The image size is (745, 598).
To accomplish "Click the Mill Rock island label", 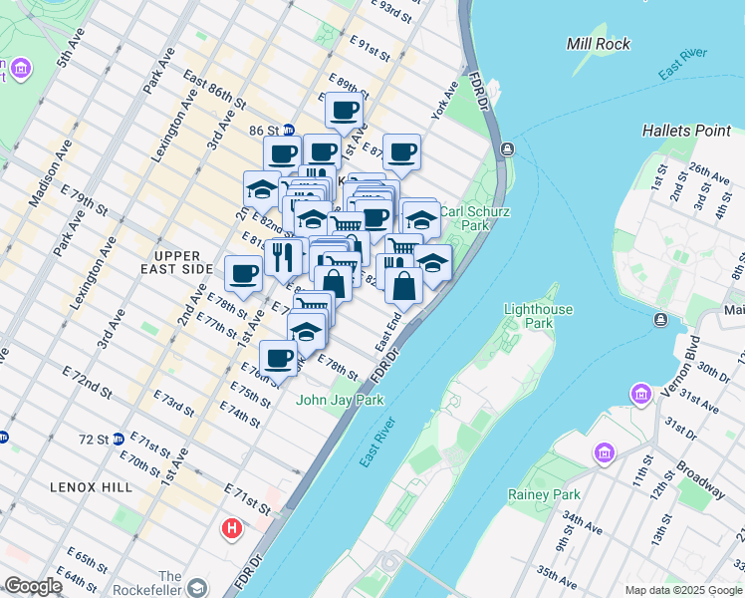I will (x=598, y=44).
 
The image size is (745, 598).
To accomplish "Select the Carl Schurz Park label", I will (x=465, y=218).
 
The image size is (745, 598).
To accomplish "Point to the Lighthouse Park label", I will (x=539, y=316).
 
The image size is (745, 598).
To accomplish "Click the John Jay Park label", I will (x=340, y=400).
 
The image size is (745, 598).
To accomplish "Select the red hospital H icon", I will (x=232, y=527).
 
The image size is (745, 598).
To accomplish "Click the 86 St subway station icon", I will (x=288, y=130).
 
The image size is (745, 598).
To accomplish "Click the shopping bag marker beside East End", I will (x=405, y=286).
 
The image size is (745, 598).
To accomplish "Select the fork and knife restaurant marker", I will (x=283, y=256).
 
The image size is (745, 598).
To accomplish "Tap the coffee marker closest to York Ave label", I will (x=401, y=151).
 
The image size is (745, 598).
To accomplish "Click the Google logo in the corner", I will (x=33, y=586).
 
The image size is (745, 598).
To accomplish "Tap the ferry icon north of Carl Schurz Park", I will (x=508, y=149).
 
